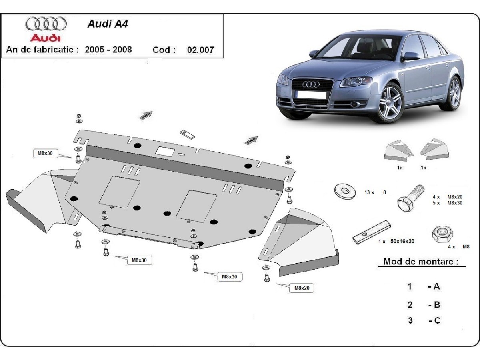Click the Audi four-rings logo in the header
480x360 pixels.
tap(46, 24)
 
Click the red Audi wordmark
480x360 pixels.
tap(46, 38)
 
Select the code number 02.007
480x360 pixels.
tap(200, 50)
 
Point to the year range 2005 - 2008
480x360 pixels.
tap(108, 50)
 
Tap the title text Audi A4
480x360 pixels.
tap(108, 24)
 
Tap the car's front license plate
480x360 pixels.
tap(311, 95)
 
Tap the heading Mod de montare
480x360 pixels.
tap(421, 262)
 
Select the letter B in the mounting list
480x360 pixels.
tap(436, 305)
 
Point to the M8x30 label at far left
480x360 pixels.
tap(45, 153)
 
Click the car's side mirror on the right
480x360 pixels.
tap(410, 56)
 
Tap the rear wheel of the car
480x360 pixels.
tap(454, 94)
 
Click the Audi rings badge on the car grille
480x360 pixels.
tap(311, 84)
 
